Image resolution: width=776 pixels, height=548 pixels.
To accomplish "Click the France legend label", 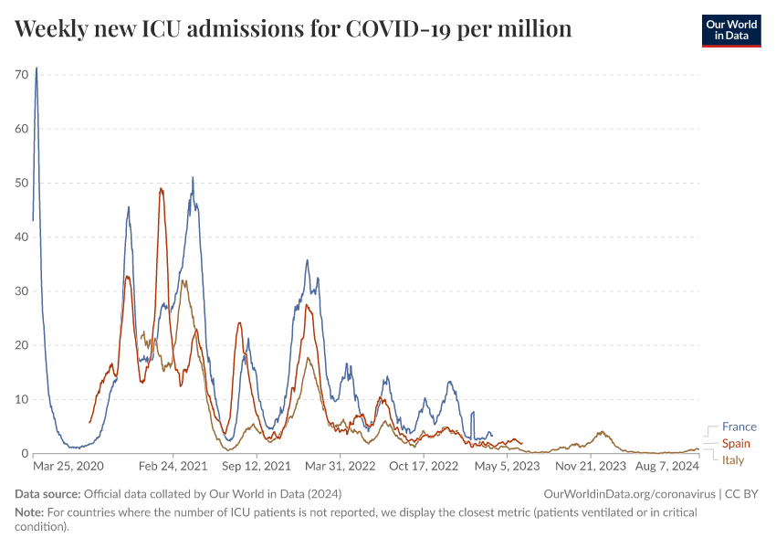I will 739,427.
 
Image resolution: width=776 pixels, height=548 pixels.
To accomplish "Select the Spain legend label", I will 736,443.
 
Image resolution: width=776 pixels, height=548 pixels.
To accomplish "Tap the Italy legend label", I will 733,460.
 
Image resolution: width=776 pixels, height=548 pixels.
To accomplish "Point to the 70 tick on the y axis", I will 22,74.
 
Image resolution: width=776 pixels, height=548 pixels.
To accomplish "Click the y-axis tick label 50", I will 22,183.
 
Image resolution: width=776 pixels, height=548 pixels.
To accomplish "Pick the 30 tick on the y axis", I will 22,291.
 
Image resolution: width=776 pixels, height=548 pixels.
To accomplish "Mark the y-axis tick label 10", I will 22,400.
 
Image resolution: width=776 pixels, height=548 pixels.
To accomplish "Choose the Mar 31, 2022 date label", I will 341,466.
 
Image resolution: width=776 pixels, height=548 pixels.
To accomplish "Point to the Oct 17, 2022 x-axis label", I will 423,466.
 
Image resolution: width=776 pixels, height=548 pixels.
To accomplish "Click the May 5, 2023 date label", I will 507,466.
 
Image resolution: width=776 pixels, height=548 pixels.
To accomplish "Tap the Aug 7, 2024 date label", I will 666,466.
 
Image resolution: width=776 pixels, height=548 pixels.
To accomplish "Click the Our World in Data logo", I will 731,30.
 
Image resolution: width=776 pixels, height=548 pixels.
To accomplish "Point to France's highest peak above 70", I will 37,68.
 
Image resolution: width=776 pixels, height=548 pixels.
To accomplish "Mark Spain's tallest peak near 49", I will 161,188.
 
